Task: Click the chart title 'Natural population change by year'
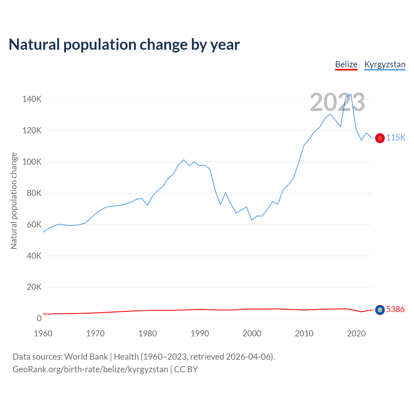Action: point(124,45)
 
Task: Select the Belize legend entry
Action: point(346,65)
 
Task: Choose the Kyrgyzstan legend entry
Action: point(385,65)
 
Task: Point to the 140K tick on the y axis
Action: point(32,99)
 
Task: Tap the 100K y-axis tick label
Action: point(32,162)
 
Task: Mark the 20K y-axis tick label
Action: point(34,287)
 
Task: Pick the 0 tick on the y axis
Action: point(39,319)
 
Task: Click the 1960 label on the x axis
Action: point(43,333)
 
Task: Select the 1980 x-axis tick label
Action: point(147,333)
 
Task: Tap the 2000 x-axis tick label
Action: point(252,333)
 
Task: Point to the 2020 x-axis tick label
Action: point(356,333)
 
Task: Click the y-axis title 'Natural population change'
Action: point(14,201)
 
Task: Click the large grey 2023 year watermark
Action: point(337,103)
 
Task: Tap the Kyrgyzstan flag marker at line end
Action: point(380,138)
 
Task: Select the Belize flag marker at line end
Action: point(380,310)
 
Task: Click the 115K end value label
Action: point(396,138)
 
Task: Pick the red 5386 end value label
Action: point(395,310)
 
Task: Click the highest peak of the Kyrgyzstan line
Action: point(351,94)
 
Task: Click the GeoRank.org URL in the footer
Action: point(90,369)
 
